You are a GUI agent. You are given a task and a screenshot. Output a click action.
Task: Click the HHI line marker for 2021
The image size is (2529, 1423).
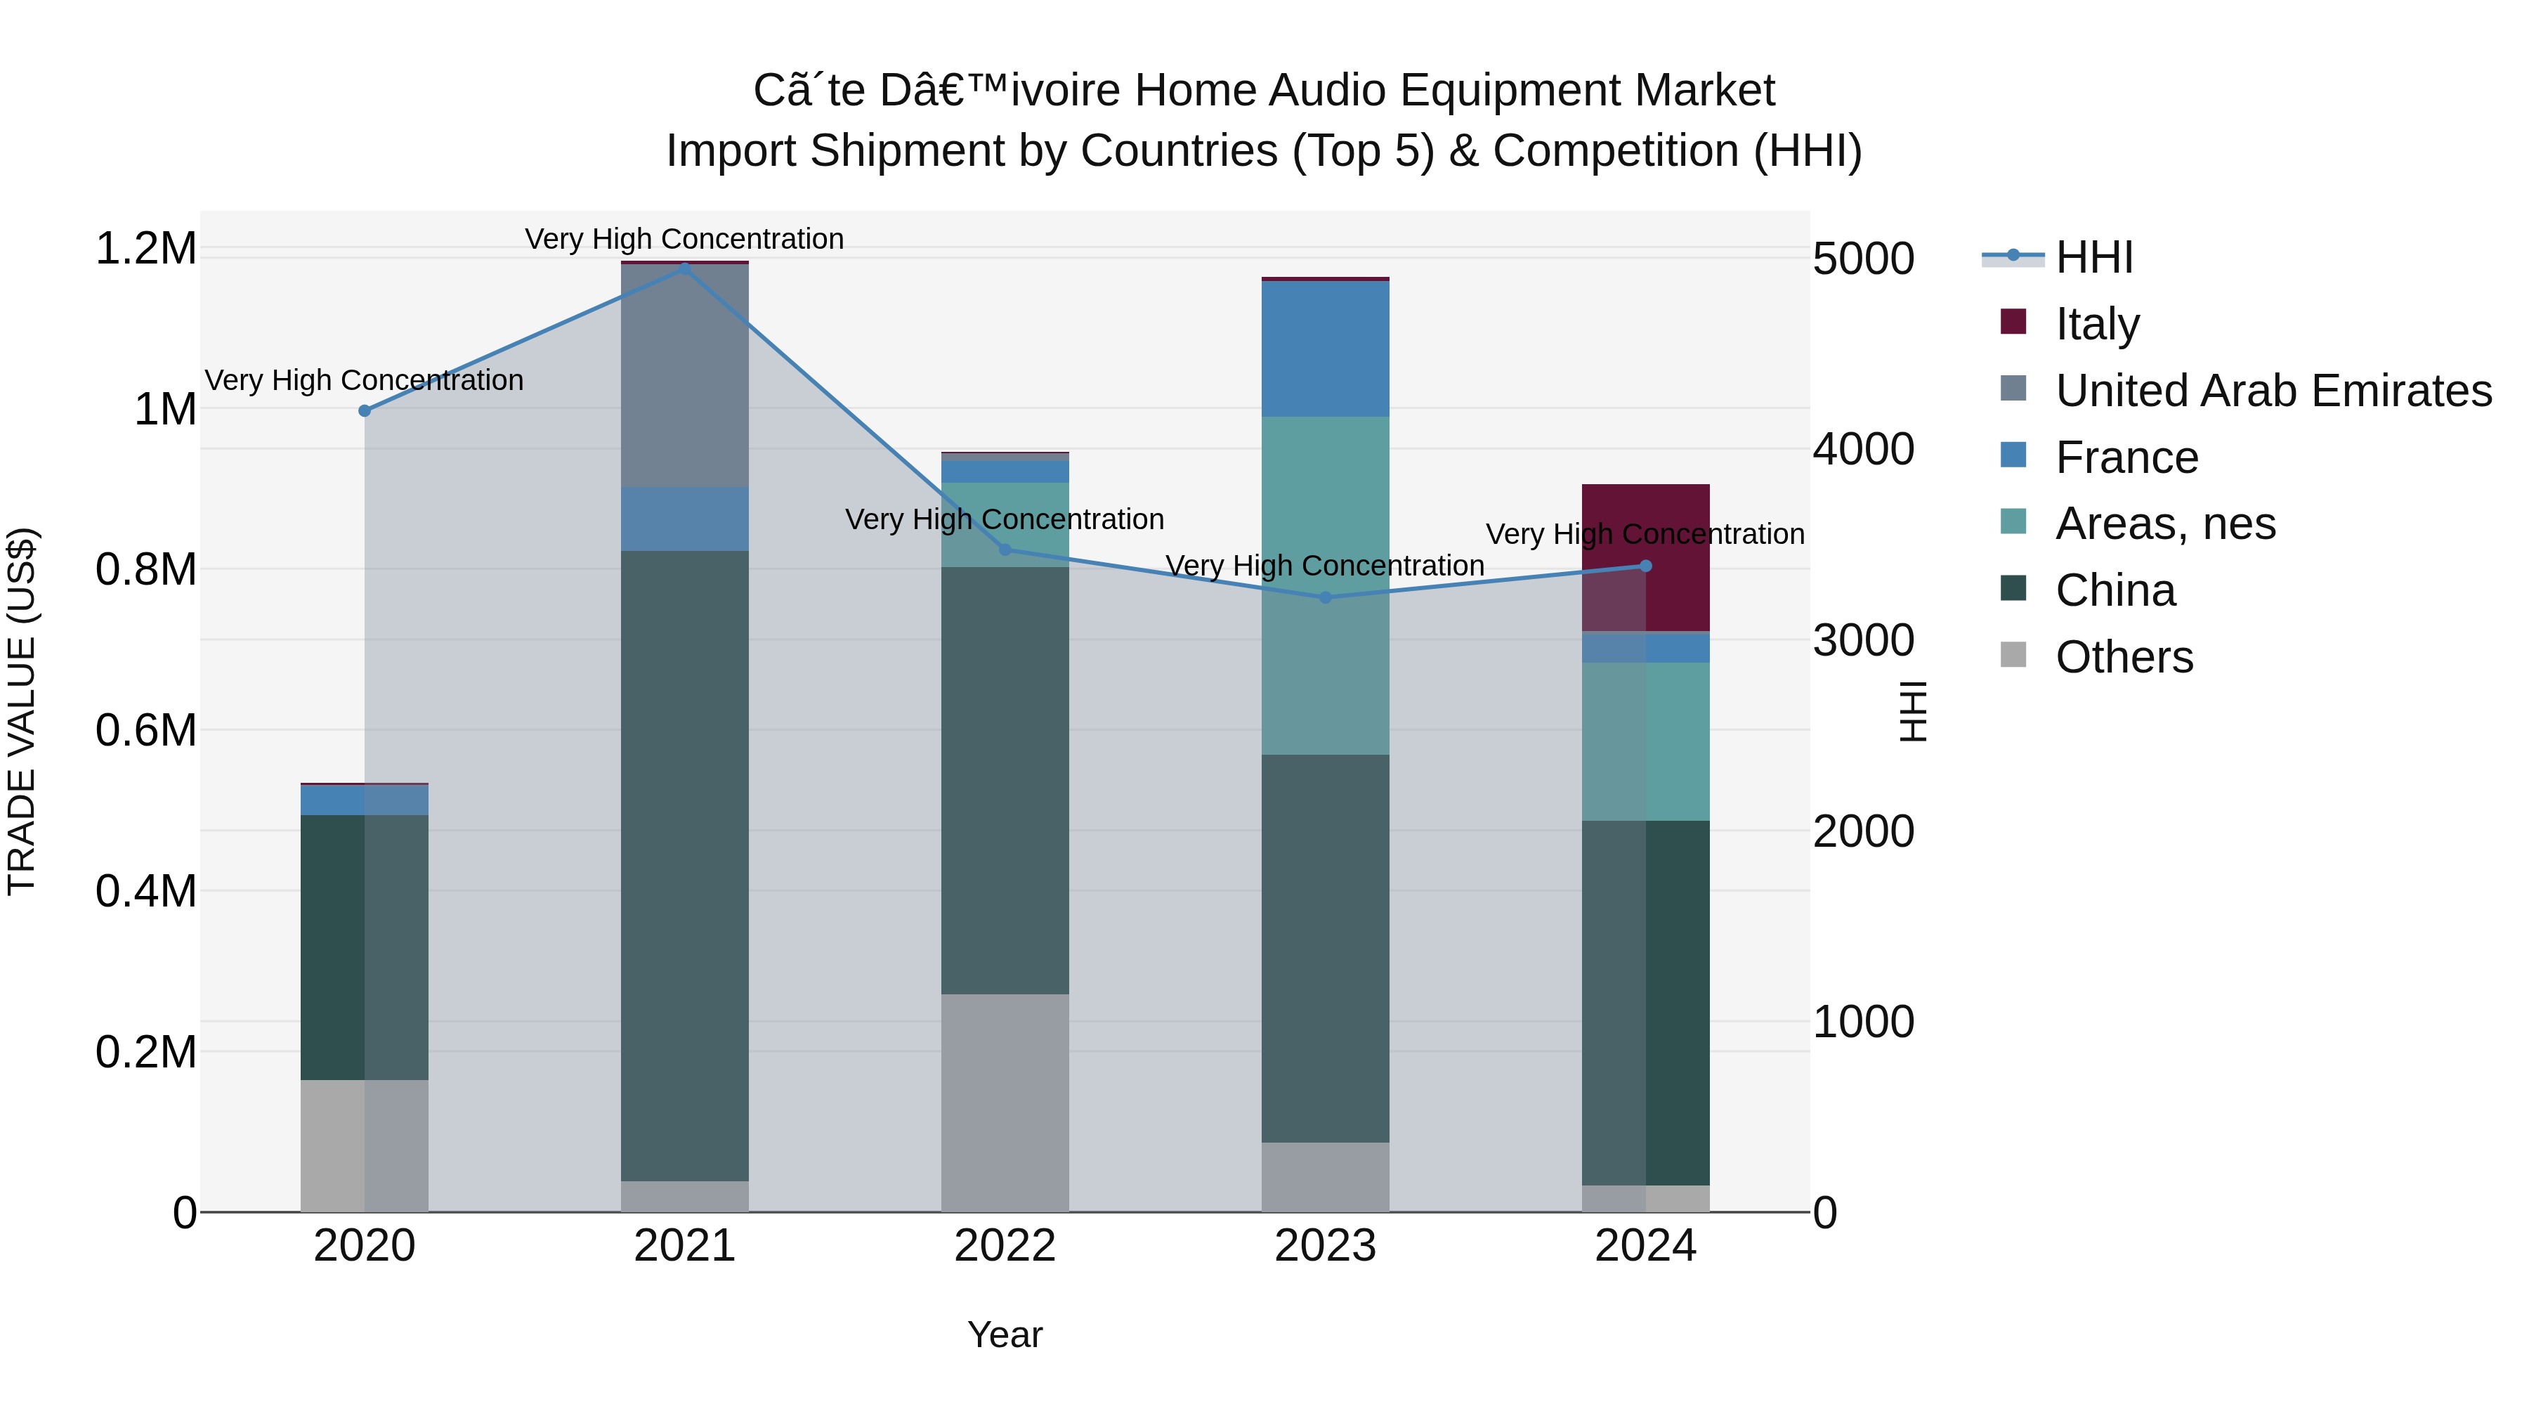(684, 268)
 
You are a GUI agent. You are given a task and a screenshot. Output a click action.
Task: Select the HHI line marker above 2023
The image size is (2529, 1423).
(1326, 597)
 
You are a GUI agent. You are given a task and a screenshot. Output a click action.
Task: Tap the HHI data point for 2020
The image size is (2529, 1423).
(364, 410)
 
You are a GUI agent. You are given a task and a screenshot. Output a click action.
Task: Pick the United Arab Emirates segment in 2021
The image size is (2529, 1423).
(684, 375)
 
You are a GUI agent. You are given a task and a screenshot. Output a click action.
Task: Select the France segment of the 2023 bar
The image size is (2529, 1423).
(1326, 349)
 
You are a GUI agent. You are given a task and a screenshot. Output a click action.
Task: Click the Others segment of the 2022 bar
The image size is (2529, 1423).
(1005, 1102)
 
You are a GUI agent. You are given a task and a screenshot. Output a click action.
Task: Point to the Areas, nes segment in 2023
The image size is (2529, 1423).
(1326, 585)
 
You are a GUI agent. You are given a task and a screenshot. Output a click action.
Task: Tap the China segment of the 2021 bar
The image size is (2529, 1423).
(684, 865)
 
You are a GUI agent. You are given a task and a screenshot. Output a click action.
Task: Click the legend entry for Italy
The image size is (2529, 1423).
(2097, 324)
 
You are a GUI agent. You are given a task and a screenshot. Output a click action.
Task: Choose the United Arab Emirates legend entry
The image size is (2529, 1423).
(2273, 391)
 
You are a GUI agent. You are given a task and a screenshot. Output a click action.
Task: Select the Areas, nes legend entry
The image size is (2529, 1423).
(2165, 524)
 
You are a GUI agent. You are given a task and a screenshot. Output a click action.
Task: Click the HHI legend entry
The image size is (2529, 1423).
(2093, 257)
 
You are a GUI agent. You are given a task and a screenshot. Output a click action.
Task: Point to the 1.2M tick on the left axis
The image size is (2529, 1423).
(145, 249)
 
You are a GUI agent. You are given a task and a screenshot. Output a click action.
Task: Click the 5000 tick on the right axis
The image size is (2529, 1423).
(1862, 259)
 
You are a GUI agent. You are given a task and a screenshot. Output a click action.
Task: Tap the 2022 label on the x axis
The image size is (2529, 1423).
(1005, 1246)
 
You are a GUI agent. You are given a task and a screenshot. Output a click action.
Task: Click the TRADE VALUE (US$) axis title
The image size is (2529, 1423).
(22, 711)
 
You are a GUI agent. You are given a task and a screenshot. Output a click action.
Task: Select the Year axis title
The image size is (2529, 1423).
(1005, 1334)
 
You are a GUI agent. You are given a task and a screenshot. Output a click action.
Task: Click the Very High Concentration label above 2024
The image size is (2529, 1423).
(1645, 534)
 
